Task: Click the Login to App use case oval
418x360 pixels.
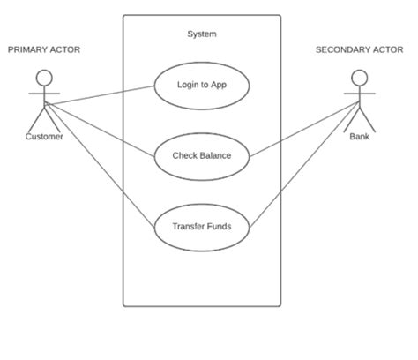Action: (202, 86)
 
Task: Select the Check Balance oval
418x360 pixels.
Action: (202, 156)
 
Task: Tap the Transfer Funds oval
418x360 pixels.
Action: (202, 227)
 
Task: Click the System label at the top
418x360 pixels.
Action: (202, 34)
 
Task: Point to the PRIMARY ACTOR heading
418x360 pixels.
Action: (44, 50)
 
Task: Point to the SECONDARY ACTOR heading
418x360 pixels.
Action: (359, 50)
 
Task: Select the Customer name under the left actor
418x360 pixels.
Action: (44, 137)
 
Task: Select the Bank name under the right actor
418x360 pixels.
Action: (360, 137)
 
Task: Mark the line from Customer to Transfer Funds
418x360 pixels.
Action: (97, 163)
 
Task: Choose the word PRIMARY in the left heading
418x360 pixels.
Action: (27, 50)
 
